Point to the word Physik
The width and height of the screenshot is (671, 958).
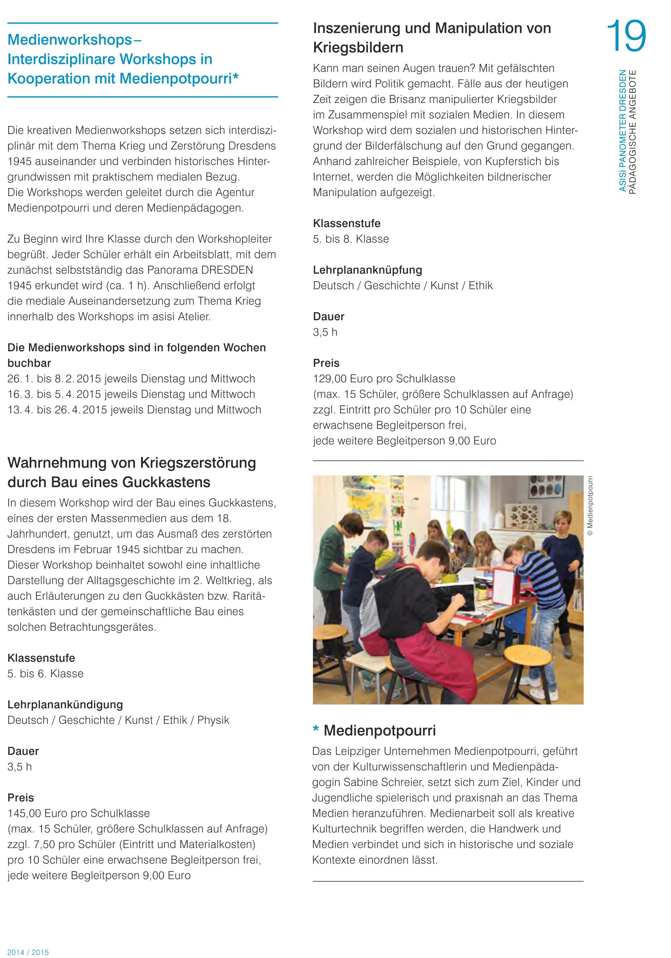(x=213, y=720)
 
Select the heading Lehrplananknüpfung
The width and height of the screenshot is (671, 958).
(x=367, y=270)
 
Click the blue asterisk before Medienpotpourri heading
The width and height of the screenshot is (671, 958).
(x=316, y=730)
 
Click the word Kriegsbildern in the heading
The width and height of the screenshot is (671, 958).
(x=358, y=48)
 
